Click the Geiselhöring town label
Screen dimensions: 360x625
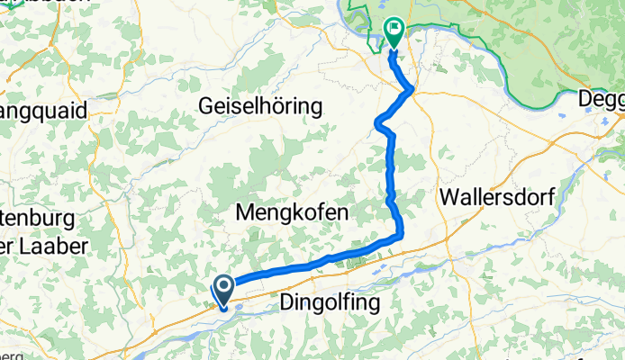pyautogui.click(x=259, y=106)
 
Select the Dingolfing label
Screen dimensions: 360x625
pyautogui.click(x=331, y=302)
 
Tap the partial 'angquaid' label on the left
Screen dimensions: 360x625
pyautogui.click(x=42, y=112)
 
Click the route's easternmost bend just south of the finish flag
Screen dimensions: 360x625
pyautogui.click(x=412, y=88)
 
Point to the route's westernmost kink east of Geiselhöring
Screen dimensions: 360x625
pyautogui.click(x=376, y=123)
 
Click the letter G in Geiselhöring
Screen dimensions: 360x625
pyautogui.click(x=204, y=106)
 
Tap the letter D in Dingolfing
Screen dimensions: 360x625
pyautogui.click(x=289, y=302)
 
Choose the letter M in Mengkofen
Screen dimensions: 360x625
pyautogui.click(x=243, y=212)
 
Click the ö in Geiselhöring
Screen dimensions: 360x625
pyautogui.click(x=285, y=106)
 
